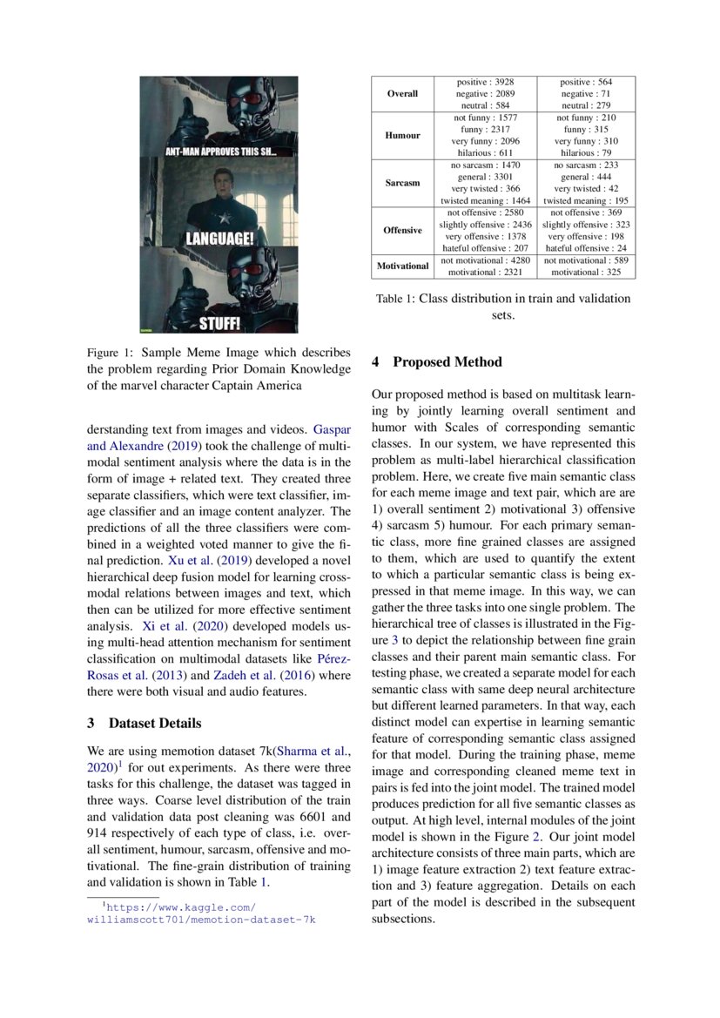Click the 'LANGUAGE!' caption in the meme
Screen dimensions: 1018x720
coord(219,237)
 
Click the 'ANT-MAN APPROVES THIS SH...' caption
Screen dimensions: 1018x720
coord(220,151)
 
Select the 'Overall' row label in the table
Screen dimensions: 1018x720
coord(402,93)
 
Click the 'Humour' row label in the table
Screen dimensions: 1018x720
coord(402,136)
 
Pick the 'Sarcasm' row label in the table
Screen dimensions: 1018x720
coord(402,183)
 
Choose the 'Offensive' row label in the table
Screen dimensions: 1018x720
coord(402,230)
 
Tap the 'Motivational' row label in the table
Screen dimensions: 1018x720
coord(402,266)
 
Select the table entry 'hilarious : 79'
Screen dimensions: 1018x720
coord(586,152)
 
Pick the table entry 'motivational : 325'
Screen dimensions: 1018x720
coord(586,272)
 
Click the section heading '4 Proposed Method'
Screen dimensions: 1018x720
coord(436,361)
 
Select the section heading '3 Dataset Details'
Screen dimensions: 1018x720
coord(145,723)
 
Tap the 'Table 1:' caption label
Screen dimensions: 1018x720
coord(395,299)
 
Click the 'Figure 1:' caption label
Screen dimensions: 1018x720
coord(112,354)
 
